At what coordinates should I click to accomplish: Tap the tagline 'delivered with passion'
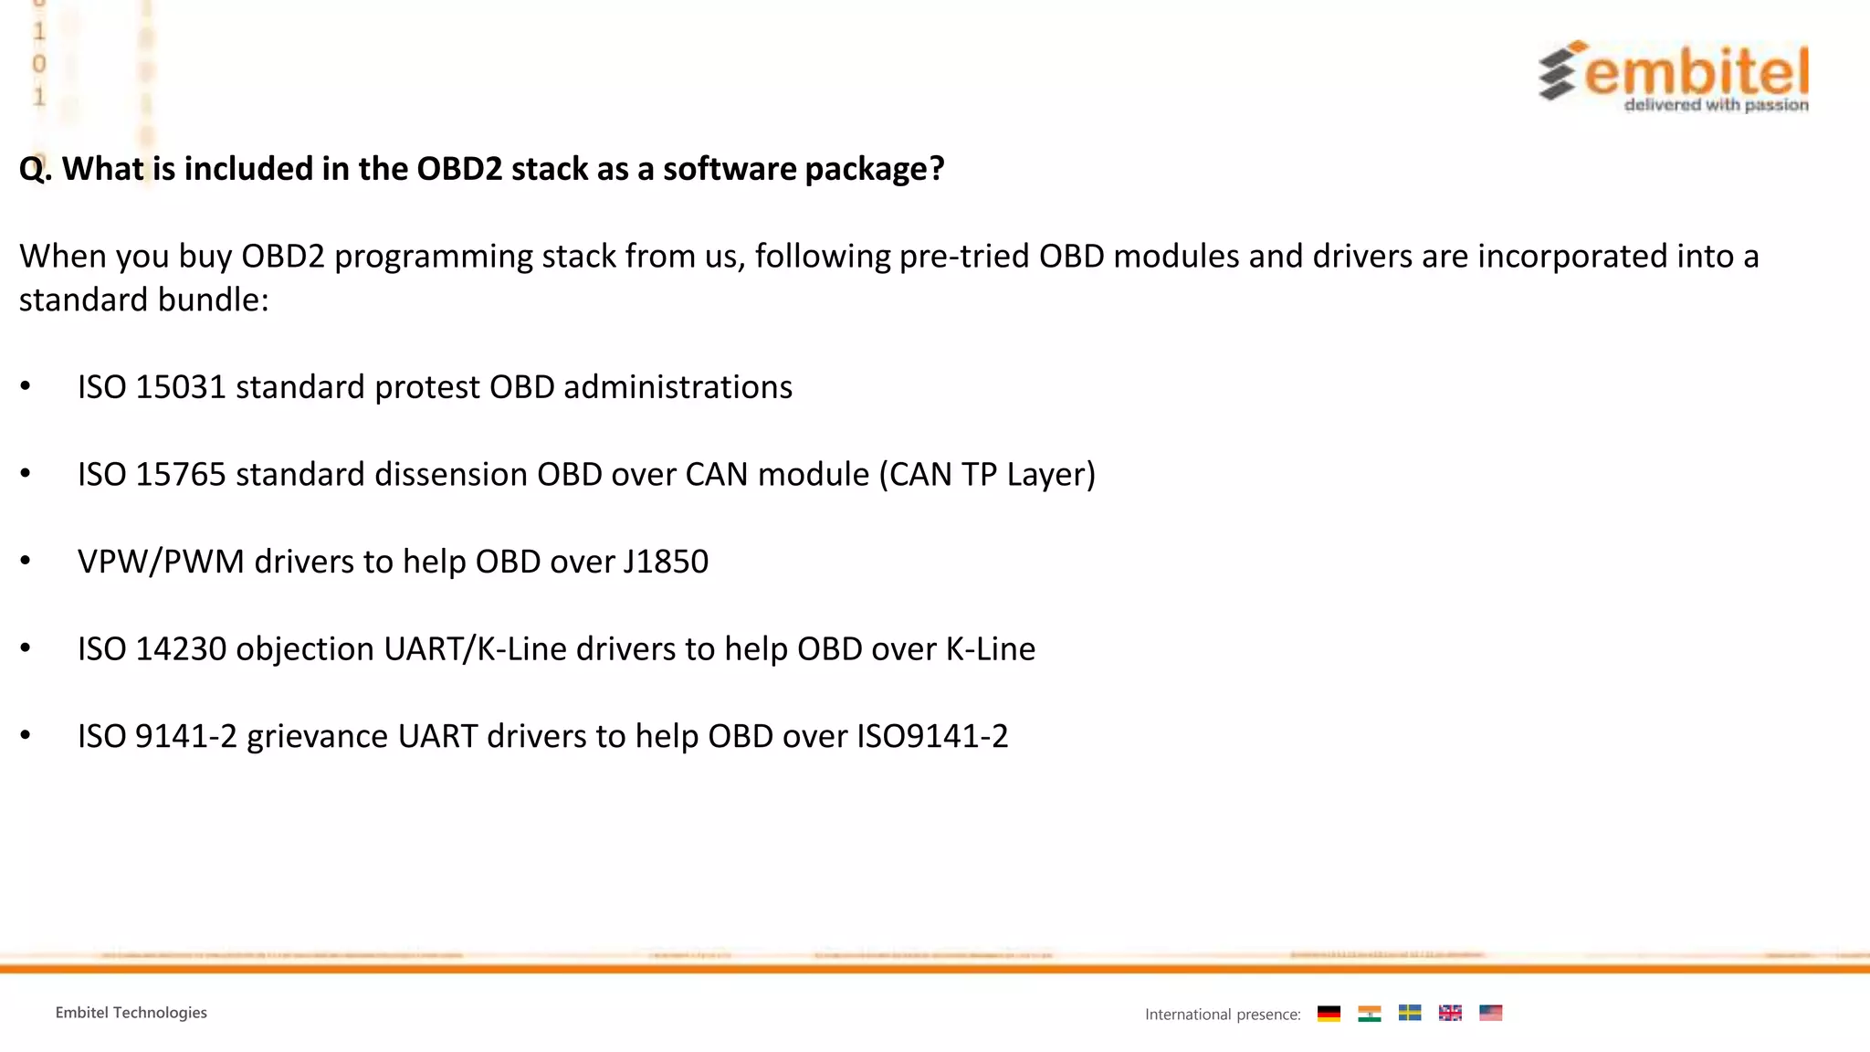click(1716, 105)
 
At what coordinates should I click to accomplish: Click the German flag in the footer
click(1329, 1013)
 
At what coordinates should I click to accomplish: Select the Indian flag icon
click(1369, 1013)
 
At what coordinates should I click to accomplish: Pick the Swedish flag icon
click(1410, 1013)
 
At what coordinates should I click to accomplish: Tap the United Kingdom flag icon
click(1450, 1013)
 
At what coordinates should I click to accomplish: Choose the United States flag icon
click(1490, 1013)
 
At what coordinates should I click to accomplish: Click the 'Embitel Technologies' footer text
click(131, 1013)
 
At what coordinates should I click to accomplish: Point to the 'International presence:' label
click(1223, 1015)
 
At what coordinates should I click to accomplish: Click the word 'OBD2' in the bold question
click(459, 169)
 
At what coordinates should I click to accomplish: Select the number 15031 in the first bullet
click(180, 387)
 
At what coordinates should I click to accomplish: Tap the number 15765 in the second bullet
click(180, 475)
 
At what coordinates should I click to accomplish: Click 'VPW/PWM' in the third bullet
click(161, 562)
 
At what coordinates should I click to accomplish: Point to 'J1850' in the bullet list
click(666, 562)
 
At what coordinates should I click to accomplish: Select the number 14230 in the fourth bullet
click(180, 649)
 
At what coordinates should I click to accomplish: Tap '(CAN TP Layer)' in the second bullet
click(987, 475)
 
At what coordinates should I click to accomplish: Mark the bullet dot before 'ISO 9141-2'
click(26, 734)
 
